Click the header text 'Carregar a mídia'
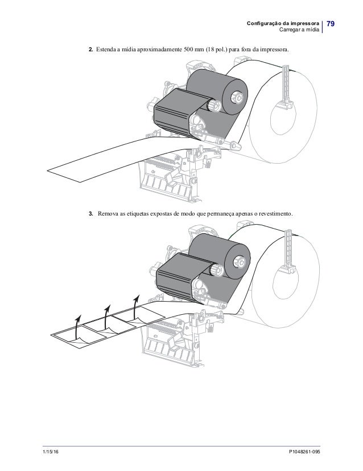coord(298,29)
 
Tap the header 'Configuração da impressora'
coord(283,22)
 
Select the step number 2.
coord(90,51)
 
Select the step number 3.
coord(90,214)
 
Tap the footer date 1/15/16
coord(52,451)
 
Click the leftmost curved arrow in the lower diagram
coord(79,326)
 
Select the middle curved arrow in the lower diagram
coord(107,317)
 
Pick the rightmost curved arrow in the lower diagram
coord(135,306)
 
